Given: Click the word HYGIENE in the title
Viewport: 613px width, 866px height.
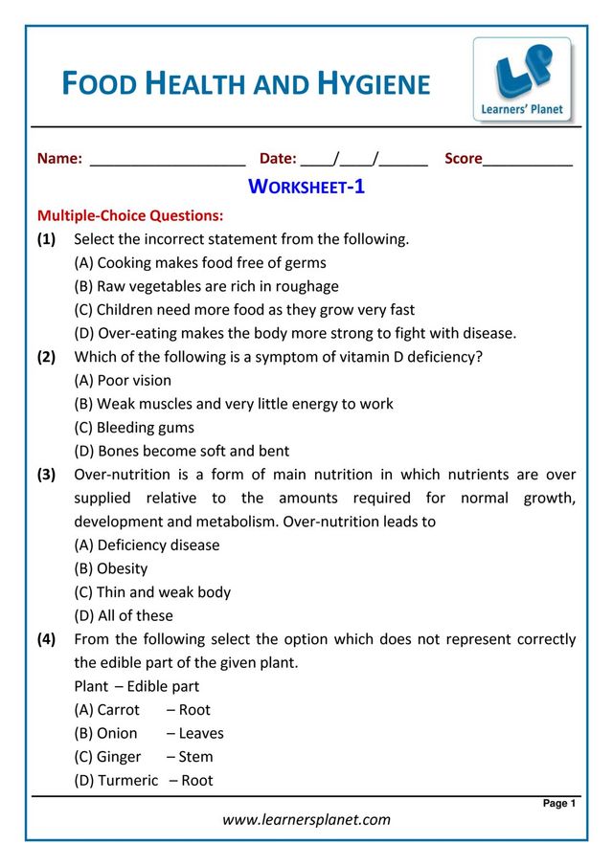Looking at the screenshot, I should pos(376,84).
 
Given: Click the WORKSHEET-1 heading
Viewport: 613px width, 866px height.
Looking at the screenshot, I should pos(306,187).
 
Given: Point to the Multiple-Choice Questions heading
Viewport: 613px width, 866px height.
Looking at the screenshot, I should pos(130,215).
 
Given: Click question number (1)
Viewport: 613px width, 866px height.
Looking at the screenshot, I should pos(46,239).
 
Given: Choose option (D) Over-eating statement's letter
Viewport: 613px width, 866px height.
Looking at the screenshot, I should pos(84,333).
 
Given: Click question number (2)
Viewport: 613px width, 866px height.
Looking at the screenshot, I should pos(46,357).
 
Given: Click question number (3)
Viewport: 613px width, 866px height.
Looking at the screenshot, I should pos(46,475).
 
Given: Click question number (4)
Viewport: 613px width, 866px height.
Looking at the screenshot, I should pos(46,639).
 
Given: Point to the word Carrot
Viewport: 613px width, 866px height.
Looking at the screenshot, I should pos(118,710).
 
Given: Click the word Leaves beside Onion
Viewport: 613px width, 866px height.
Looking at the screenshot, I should pos(201,733).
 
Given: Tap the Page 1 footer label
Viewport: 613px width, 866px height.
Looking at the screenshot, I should pos(559,804).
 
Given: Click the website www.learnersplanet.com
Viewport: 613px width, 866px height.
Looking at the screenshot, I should pos(306,819).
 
